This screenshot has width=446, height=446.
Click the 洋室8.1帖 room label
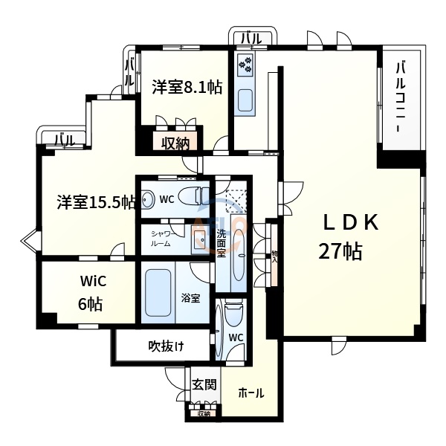pos(187,87)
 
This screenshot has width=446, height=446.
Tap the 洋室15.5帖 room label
pos(96,201)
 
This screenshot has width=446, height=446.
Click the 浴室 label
pos(190,298)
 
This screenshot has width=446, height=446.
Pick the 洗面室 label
pos(222,244)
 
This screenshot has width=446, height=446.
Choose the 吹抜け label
pos(166,346)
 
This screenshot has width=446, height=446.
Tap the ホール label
pos(251,393)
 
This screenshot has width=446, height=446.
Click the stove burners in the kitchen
pos(245,65)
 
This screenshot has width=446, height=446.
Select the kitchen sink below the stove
pos(245,100)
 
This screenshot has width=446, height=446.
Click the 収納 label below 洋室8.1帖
pos(175,143)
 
